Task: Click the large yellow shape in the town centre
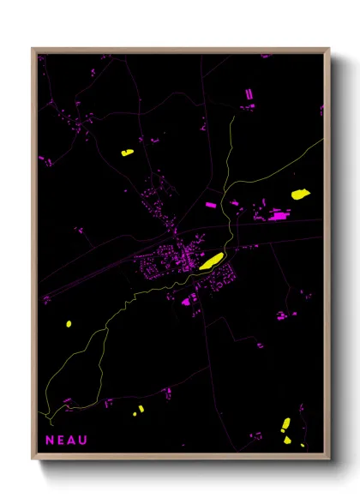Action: pyautogui.click(x=211, y=261)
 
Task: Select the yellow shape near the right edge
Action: pyautogui.click(x=299, y=195)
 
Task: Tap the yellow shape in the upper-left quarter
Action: pyautogui.click(x=127, y=153)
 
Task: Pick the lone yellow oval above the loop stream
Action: pyautogui.click(x=68, y=324)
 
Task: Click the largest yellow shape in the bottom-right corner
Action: pyautogui.click(x=286, y=425)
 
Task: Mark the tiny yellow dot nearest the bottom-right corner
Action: pyautogui.click(x=301, y=445)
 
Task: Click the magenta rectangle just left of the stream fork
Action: pyautogui.click(x=211, y=205)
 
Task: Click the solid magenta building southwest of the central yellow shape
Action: pyautogui.click(x=186, y=301)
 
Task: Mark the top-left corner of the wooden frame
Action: pyautogui.click(x=33, y=49)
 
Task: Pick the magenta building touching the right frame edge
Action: pyautogui.click(x=322, y=110)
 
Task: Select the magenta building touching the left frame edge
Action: pyautogui.click(x=41, y=157)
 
